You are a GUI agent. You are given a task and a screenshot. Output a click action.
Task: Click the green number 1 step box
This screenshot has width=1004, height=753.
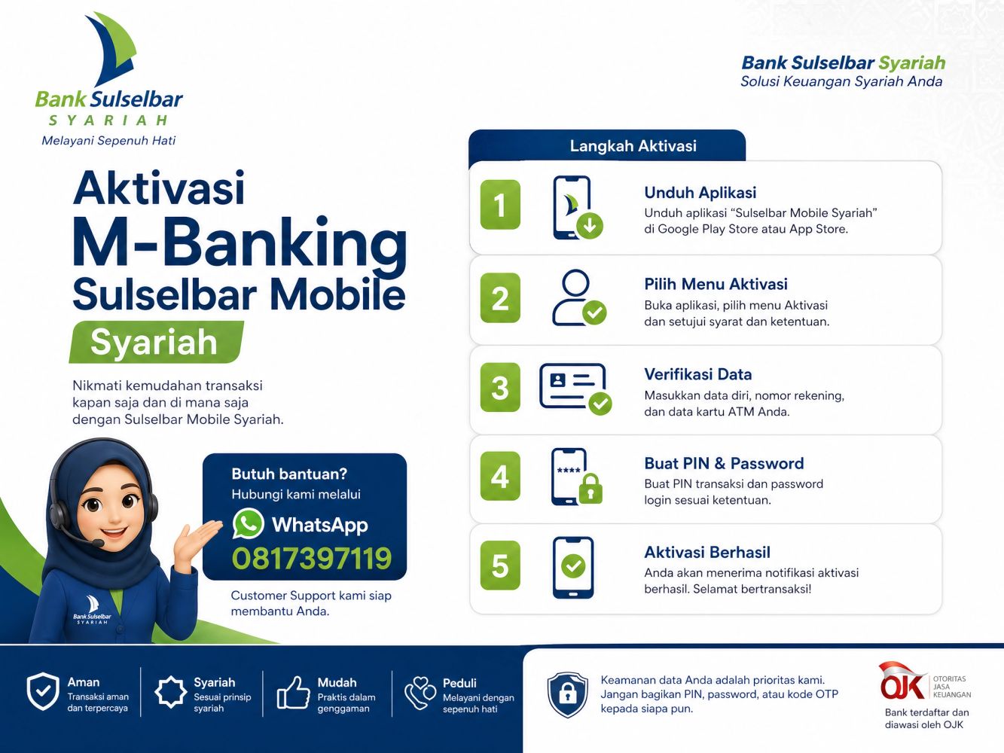[500, 204]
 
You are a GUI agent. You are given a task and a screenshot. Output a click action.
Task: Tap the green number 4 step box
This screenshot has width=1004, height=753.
[500, 476]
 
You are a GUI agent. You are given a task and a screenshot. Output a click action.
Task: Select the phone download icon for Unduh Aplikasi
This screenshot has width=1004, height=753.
[577, 208]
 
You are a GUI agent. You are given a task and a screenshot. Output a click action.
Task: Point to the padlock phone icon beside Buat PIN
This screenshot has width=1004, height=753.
[576, 477]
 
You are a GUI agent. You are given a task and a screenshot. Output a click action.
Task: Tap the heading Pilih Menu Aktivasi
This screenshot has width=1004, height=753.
[716, 284]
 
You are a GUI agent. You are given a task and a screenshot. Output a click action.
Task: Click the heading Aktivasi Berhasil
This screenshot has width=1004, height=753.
[707, 552]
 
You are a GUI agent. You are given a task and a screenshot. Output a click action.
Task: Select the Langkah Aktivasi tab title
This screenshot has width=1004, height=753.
[633, 146]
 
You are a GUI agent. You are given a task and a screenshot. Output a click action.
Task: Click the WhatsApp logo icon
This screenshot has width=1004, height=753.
[248, 523]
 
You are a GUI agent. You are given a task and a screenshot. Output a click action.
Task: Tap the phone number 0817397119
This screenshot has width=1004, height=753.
[312, 558]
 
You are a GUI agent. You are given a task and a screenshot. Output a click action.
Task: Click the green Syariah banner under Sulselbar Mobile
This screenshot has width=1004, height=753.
[156, 342]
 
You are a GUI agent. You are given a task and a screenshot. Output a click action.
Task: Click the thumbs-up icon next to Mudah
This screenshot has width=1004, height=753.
[293, 693]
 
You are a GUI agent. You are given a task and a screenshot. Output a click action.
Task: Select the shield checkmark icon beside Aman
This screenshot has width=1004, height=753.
[43, 691]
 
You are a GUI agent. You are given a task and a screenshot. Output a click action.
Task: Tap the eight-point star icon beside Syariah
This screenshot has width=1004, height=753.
[171, 692]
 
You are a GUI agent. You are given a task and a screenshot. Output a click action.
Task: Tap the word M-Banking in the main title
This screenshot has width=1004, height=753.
[240, 242]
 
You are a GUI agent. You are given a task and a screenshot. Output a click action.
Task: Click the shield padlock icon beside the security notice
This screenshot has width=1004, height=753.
[568, 694]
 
